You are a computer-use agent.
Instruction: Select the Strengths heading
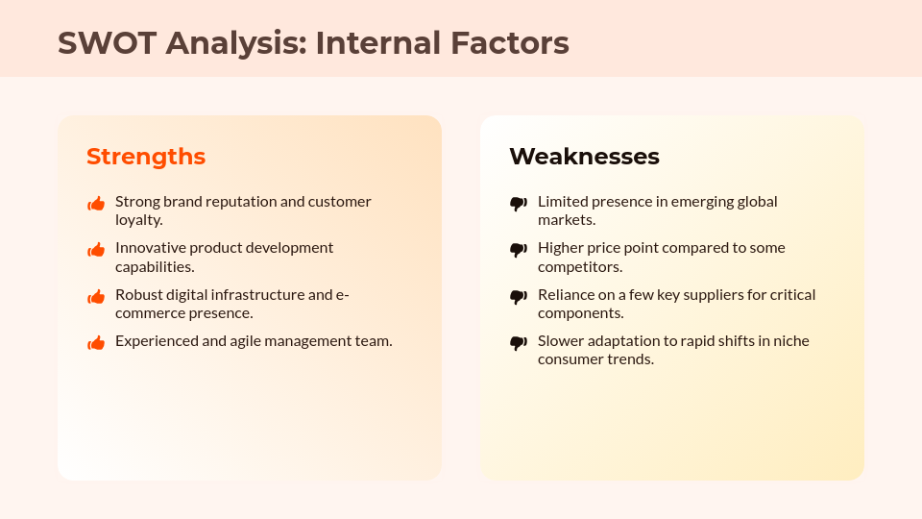pos(146,157)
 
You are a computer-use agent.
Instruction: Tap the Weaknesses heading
pos(584,157)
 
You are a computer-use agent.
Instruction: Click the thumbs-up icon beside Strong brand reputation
pos(96,204)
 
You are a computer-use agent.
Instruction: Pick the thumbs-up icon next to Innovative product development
pos(96,250)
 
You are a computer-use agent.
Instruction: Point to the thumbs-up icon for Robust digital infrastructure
pos(96,297)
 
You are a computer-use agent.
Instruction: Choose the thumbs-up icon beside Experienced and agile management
pos(96,342)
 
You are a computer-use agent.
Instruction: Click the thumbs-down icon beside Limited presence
pos(519,204)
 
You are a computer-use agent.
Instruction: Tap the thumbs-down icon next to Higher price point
pos(519,250)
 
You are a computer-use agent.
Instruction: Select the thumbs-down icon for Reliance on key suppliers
pos(519,297)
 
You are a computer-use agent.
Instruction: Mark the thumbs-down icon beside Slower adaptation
pos(519,342)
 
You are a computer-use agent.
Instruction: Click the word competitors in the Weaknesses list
pos(578,266)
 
